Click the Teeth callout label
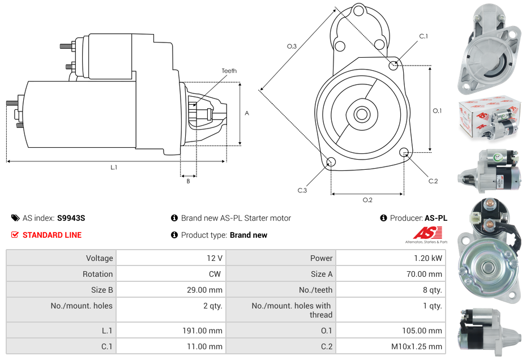(229, 71)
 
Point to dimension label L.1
(114, 167)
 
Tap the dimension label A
(247, 113)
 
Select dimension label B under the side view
(188, 181)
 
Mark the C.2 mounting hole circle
(404, 152)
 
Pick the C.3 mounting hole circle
(331, 163)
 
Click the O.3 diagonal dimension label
(292, 46)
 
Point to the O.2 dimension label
(367, 199)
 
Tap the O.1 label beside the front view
(437, 111)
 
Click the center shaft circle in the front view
(361, 114)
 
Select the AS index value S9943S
(71, 218)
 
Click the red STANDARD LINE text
(52, 235)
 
